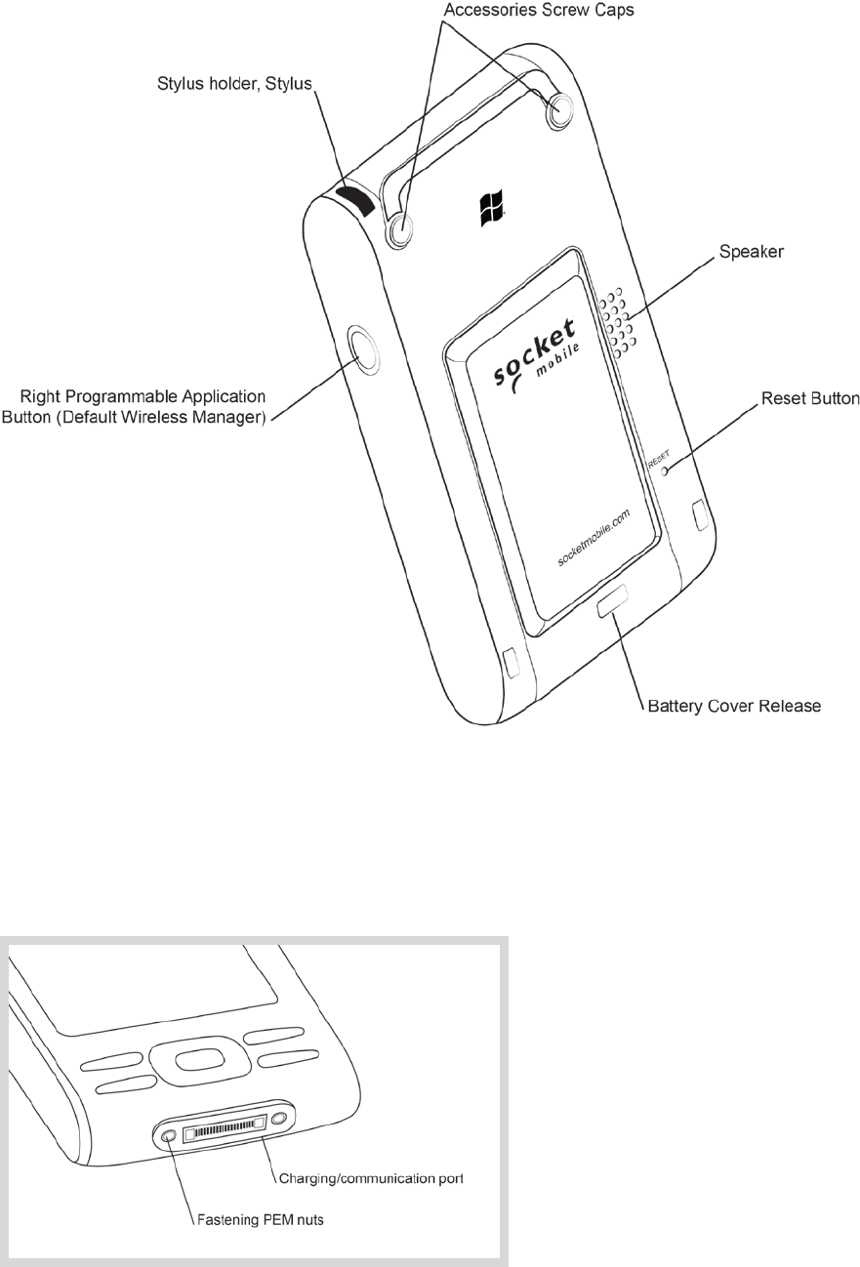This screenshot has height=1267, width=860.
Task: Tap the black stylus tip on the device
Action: [355, 201]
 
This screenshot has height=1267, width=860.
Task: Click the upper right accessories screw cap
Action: [559, 112]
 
